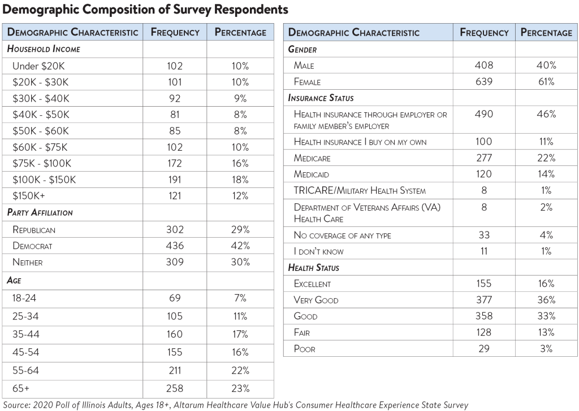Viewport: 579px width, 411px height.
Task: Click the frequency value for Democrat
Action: pos(175,246)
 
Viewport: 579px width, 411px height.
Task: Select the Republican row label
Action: pos(34,230)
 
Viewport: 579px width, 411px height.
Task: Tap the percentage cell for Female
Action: pos(546,81)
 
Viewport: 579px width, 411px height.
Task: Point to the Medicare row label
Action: pos(312,158)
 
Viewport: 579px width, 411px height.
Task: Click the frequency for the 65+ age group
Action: pos(175,388)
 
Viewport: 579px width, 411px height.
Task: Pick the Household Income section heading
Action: pos(44,49)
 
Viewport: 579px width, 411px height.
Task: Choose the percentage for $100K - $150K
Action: pos(240,180)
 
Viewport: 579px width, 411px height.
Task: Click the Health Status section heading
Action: pos(313,268)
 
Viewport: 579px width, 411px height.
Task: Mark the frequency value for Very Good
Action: pos(484,300)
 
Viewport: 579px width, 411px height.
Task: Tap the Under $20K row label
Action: pos(38,66)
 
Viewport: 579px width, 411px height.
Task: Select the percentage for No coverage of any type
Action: pos(546,235)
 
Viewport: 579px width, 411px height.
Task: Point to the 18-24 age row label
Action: pos(24,298)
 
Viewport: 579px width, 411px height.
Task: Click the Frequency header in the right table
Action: pos(484,32)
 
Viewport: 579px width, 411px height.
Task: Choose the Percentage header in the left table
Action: pos(240,32)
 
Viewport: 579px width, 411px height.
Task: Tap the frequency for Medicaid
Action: pos(484,174)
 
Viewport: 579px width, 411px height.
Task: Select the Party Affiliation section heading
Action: pos(40,213)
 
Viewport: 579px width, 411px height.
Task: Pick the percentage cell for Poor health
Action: pos(546,349)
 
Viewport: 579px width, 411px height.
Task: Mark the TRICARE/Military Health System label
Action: pos(360,191)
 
